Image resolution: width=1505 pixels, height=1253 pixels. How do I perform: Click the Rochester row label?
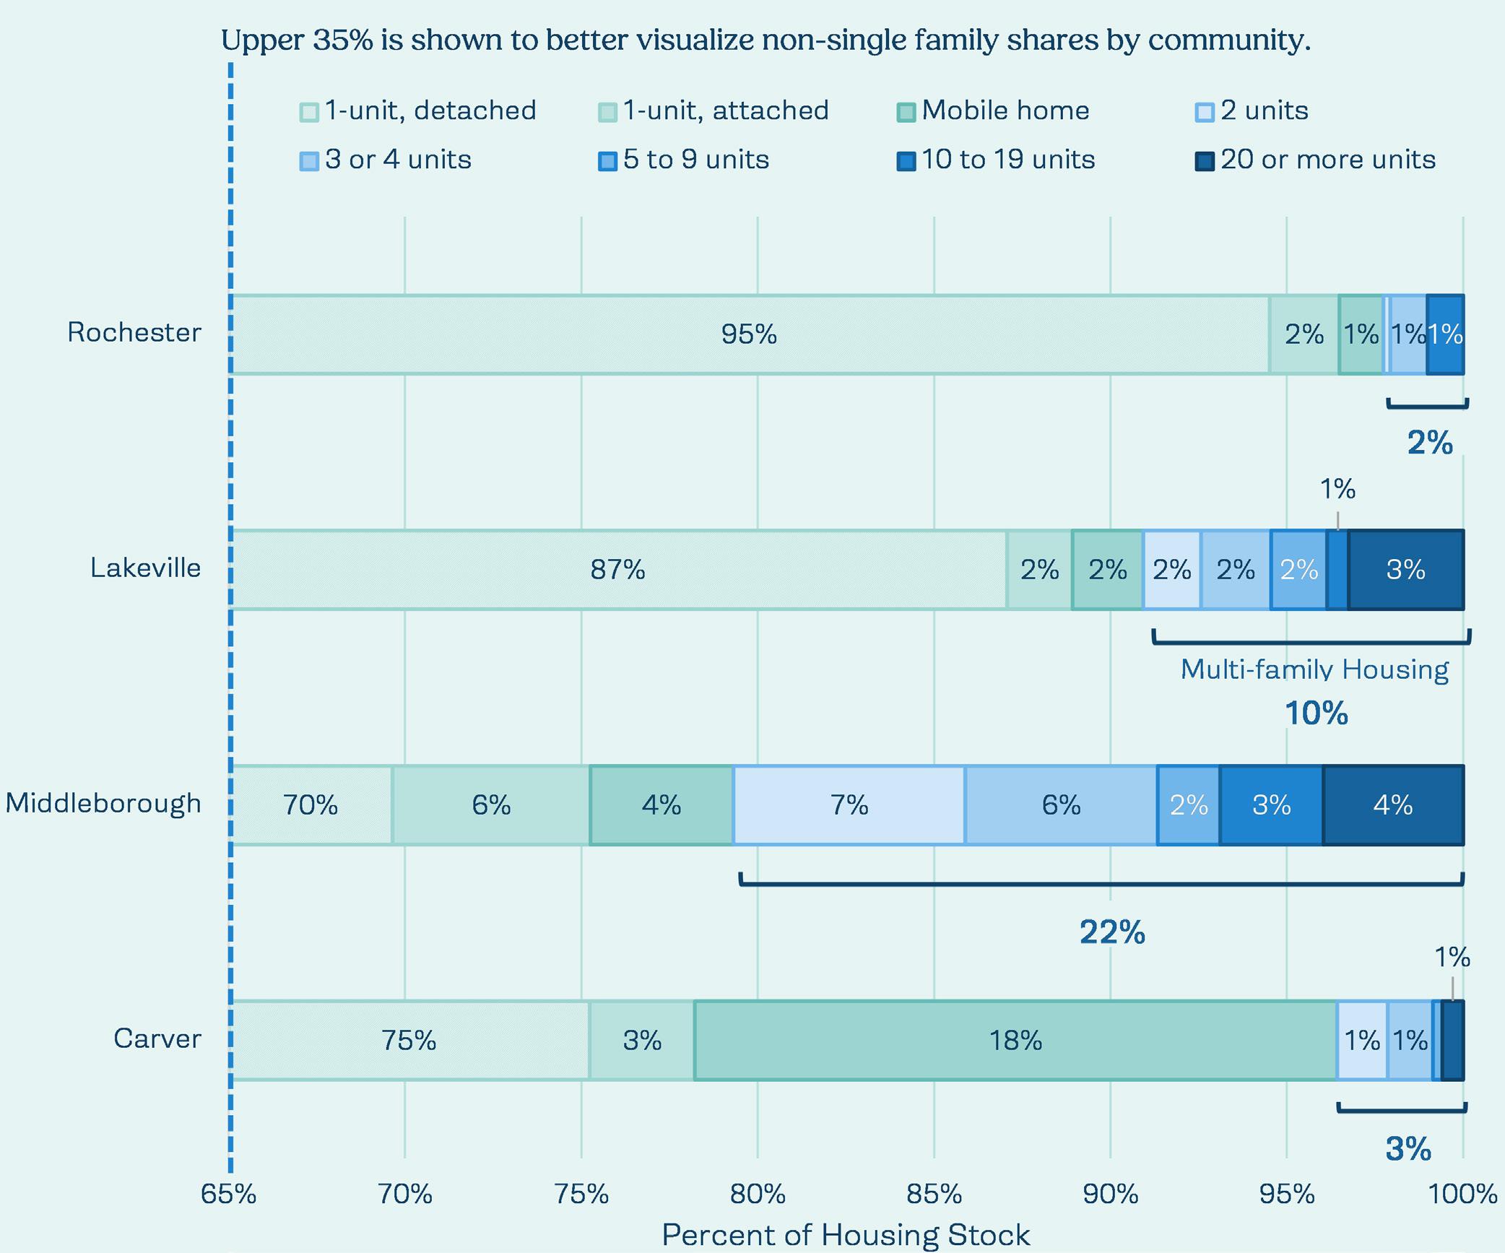pos(134,332)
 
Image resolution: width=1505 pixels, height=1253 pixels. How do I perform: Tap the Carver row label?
pos(157,1039)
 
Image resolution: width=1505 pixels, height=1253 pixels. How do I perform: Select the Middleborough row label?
pos(103,803)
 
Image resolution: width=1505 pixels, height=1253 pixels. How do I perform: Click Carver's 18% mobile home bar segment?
pos(1015,1041)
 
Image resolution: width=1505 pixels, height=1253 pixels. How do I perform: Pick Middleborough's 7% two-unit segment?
pos(849,805)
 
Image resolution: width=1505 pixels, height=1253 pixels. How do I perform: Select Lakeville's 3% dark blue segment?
pos(1405,570)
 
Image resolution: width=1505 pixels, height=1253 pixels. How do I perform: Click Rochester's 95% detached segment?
pos(749,334)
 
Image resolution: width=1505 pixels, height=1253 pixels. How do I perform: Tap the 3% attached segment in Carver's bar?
pos(641,1041)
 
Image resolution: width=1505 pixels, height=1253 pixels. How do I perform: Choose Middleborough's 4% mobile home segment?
pos(661,805)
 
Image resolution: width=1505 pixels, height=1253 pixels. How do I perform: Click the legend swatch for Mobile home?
pos(906,112)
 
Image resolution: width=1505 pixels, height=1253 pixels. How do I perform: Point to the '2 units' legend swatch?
pos(1205,112)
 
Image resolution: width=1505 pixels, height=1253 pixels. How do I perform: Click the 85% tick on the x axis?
pos(934,1195)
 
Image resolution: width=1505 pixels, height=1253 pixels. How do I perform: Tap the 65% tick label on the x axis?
pos(229,1195)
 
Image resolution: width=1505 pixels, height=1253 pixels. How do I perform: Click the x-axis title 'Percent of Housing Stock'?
pos(846,1235)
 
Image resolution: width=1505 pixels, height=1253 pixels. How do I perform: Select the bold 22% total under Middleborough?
pos(1112,932)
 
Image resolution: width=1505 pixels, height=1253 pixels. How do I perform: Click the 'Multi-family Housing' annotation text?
pos(1314,669)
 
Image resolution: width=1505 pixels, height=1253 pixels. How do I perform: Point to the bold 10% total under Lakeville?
pos(1316,714)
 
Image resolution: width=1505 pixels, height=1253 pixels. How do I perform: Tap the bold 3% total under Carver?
pos(1408,1149)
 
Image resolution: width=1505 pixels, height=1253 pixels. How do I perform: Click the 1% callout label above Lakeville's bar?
pos(1337,490)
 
